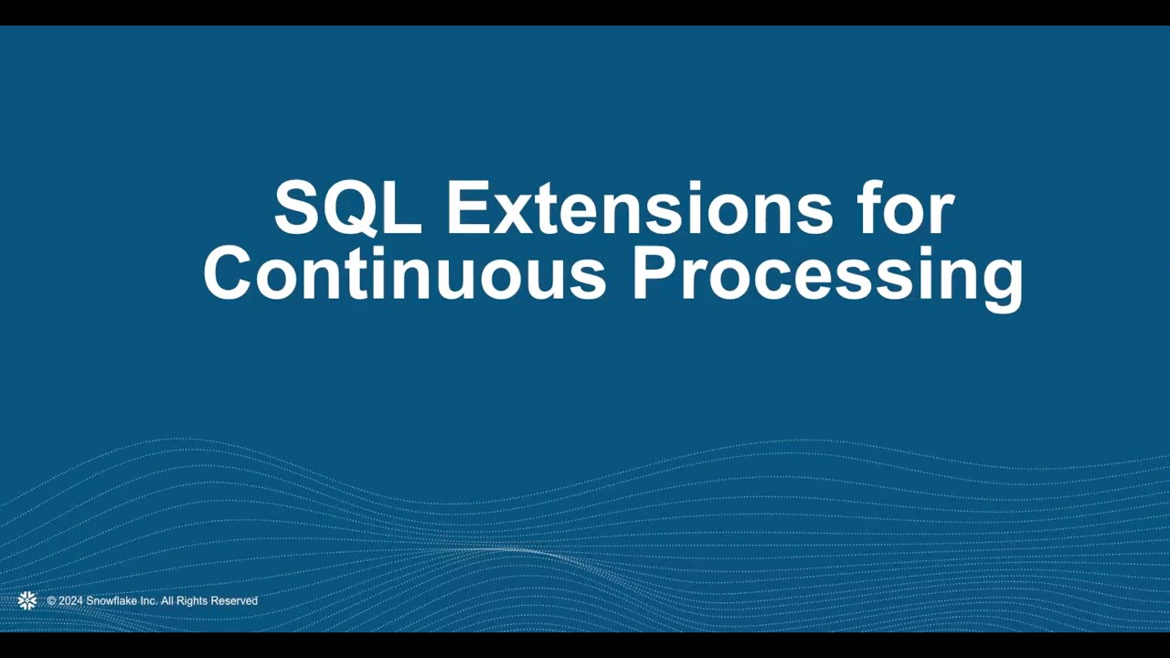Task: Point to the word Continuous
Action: [404, 274]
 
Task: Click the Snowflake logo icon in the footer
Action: [27, 600]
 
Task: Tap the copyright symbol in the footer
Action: [52, 601]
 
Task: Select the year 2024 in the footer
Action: [70, 601]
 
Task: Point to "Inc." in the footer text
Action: [149, 601]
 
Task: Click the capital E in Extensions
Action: [467, 208]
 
